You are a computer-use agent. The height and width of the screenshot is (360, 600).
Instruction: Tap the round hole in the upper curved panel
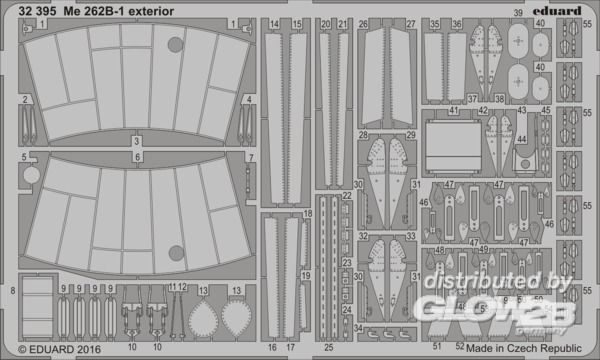coord(176,44)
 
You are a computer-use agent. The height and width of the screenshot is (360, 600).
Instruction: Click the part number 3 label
coord(138,143)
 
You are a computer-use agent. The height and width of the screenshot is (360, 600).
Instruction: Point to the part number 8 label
coord(12,290)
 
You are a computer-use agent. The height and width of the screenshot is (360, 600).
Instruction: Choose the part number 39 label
coord(517,13)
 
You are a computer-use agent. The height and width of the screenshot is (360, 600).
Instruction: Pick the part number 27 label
coord(411,22)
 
